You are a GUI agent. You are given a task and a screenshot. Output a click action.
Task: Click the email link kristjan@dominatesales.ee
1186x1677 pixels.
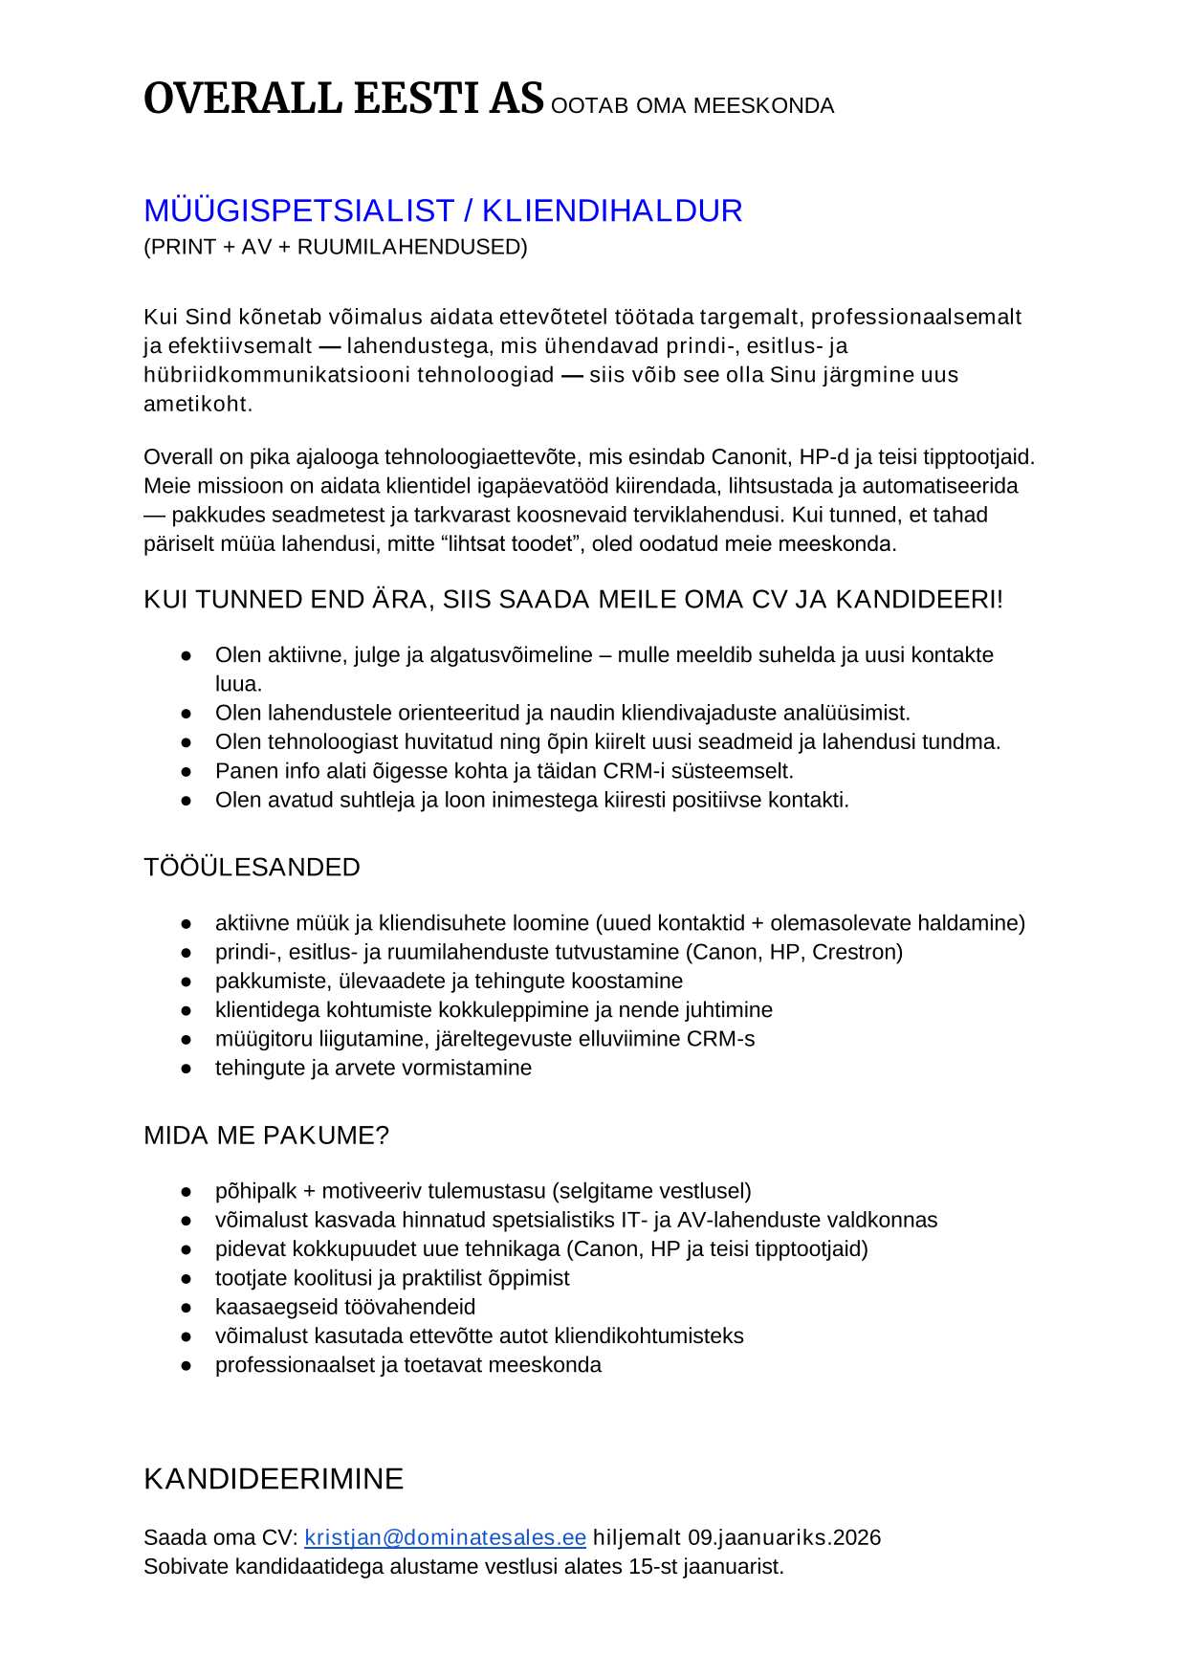tap(445, 1537)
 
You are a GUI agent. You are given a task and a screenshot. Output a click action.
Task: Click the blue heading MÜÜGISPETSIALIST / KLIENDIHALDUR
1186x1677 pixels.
tap(443, 210)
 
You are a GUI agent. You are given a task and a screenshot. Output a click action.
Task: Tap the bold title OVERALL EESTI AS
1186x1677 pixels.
tap(343, 99)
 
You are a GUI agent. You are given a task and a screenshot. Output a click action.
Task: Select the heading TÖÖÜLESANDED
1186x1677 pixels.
tap(252, 867)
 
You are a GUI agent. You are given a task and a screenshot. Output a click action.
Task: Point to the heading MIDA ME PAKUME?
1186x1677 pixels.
tap(266, 1136)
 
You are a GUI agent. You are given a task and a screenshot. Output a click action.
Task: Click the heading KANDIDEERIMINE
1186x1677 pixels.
tap(274, 1479)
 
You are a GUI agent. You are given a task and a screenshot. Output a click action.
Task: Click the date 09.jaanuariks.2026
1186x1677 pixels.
tap(784, 1537)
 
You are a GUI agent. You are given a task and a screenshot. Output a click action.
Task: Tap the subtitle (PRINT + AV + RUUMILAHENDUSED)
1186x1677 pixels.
tap(336, 247)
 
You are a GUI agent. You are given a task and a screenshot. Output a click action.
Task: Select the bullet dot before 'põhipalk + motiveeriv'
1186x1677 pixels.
tap(187, 1192)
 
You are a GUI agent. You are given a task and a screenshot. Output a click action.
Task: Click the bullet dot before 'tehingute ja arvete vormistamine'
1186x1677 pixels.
tap(187, 1069)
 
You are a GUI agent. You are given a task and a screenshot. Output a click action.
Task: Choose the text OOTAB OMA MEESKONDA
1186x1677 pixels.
tap(692, 105)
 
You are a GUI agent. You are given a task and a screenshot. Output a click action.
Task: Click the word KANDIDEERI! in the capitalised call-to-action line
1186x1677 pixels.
tap(919, 600)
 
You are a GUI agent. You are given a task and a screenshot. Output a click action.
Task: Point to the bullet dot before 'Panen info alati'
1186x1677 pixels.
tap(187, 772)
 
